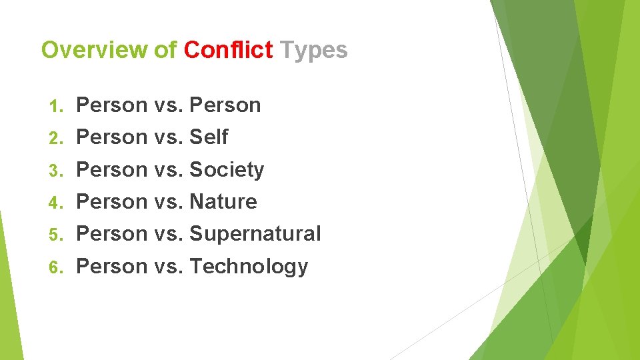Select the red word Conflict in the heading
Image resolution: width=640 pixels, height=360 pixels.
tap(228, 50)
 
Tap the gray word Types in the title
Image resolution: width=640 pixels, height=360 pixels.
tap(313, 50)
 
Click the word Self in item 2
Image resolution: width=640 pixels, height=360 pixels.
tap(209, 137)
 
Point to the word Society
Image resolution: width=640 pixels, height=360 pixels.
tap(227, 170)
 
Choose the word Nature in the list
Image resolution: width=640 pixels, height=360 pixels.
tap(223, 201)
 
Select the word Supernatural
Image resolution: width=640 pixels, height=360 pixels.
tap(255, 234)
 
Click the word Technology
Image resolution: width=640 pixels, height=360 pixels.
tap(249, 267)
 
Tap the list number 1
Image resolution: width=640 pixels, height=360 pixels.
tap(56, 106)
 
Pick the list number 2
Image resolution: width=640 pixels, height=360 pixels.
tap(56, 138)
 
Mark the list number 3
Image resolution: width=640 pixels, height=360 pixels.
tap(56, 171)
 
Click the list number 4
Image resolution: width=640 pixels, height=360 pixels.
tap(56, 202)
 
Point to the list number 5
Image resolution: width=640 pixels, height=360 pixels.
tap(56, 235)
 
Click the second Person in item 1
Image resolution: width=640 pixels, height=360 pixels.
tap(225, 105)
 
